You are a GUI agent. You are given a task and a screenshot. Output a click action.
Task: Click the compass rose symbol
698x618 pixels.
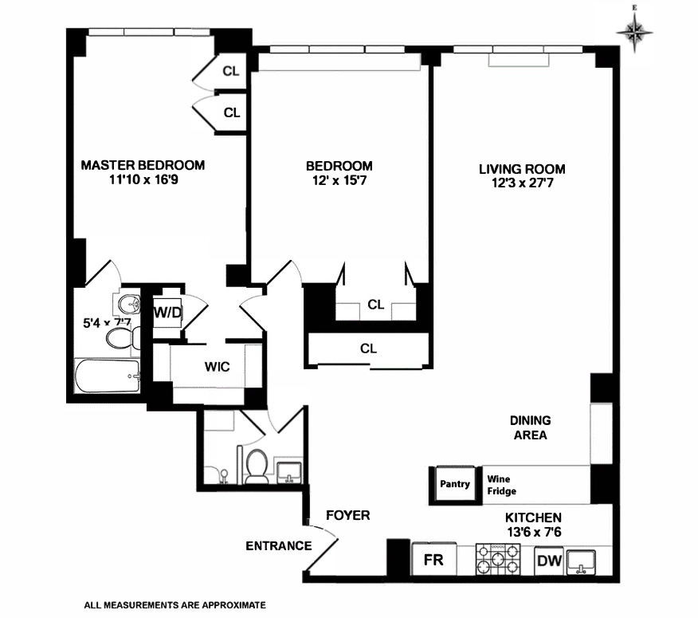(635, 33)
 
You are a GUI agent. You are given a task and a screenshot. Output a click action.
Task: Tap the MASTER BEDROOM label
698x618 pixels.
(143, 165)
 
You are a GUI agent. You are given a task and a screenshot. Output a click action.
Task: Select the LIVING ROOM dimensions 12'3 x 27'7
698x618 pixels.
(522, 183)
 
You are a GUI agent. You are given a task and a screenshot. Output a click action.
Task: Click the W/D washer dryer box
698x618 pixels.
(168, 313)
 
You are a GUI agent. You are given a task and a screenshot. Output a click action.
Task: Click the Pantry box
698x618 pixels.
(455, 485)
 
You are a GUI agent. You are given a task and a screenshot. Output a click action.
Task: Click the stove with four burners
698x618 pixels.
(498, 558)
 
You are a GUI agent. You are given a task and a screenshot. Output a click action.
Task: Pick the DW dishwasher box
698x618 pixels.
(548, 561)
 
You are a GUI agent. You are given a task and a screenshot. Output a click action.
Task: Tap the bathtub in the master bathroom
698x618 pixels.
(107, 376)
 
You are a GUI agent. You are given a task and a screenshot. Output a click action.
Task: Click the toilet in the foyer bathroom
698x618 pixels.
(256, 466)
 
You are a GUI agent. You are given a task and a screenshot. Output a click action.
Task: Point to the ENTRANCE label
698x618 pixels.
(278, 546)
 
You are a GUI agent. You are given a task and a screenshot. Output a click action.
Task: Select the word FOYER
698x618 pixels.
(348, 516)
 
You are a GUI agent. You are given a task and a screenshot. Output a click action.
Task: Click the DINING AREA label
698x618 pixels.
(531, 427)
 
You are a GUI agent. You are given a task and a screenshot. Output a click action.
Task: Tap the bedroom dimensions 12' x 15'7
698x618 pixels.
(339, 181)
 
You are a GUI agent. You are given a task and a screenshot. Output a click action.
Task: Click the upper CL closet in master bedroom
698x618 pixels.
(230, 71)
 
